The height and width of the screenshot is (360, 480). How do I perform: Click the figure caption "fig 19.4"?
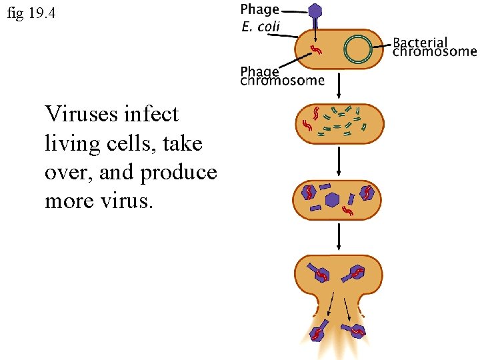tap(31, 13)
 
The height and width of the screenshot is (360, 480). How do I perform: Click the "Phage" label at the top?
tap(259, 10)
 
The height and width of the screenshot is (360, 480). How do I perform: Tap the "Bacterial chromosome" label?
tap(435, 47)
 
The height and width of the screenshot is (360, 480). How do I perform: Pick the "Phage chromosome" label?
tap(282, 75)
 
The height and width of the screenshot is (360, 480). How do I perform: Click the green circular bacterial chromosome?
tap(358, 49)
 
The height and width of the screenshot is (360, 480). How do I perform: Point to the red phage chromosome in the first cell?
tap(318, 49)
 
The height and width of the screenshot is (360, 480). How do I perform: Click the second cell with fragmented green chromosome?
tap(339, 122)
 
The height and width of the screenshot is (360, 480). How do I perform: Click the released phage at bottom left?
tap(319, 331)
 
